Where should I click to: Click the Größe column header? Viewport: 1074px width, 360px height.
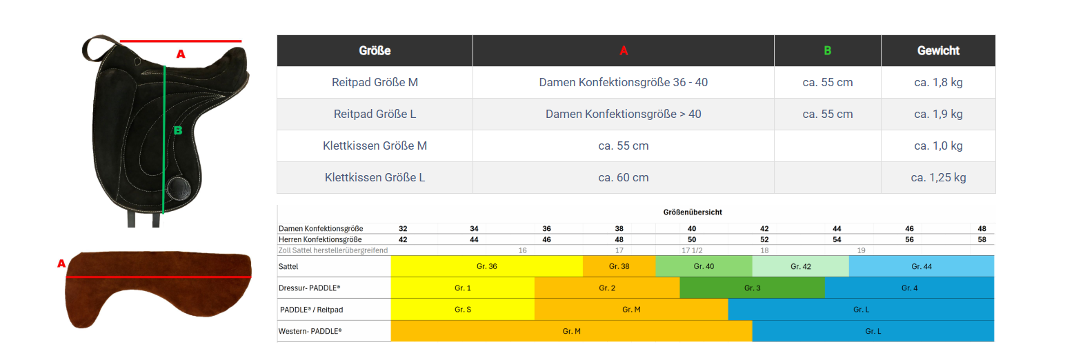point(375,50)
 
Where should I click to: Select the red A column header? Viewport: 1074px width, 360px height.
point(624,50)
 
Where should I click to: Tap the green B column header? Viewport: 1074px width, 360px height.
point(827,50)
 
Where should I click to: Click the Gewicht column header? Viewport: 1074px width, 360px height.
point(938,50)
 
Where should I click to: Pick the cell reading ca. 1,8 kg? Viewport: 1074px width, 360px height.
point(938,82)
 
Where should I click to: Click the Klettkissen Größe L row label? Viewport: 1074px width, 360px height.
point(375,177)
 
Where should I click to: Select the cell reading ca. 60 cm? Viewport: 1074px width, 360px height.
point(624,177)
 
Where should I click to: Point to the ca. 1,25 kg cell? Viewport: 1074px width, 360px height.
point(938,177)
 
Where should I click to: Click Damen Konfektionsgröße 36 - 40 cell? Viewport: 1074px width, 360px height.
point(624,82)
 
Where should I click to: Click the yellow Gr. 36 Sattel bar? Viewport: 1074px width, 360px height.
point(486,266)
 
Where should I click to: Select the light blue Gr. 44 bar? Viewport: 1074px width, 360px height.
point(921,266)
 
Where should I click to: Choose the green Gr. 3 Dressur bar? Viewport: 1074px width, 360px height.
point(752,288)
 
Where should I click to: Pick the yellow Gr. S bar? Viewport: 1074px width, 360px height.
point(463,310)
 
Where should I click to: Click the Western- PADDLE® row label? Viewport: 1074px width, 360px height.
point(310,331)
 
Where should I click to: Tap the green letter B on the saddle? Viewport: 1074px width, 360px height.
point(177,130)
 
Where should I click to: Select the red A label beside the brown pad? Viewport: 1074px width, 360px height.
point(61,263)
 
